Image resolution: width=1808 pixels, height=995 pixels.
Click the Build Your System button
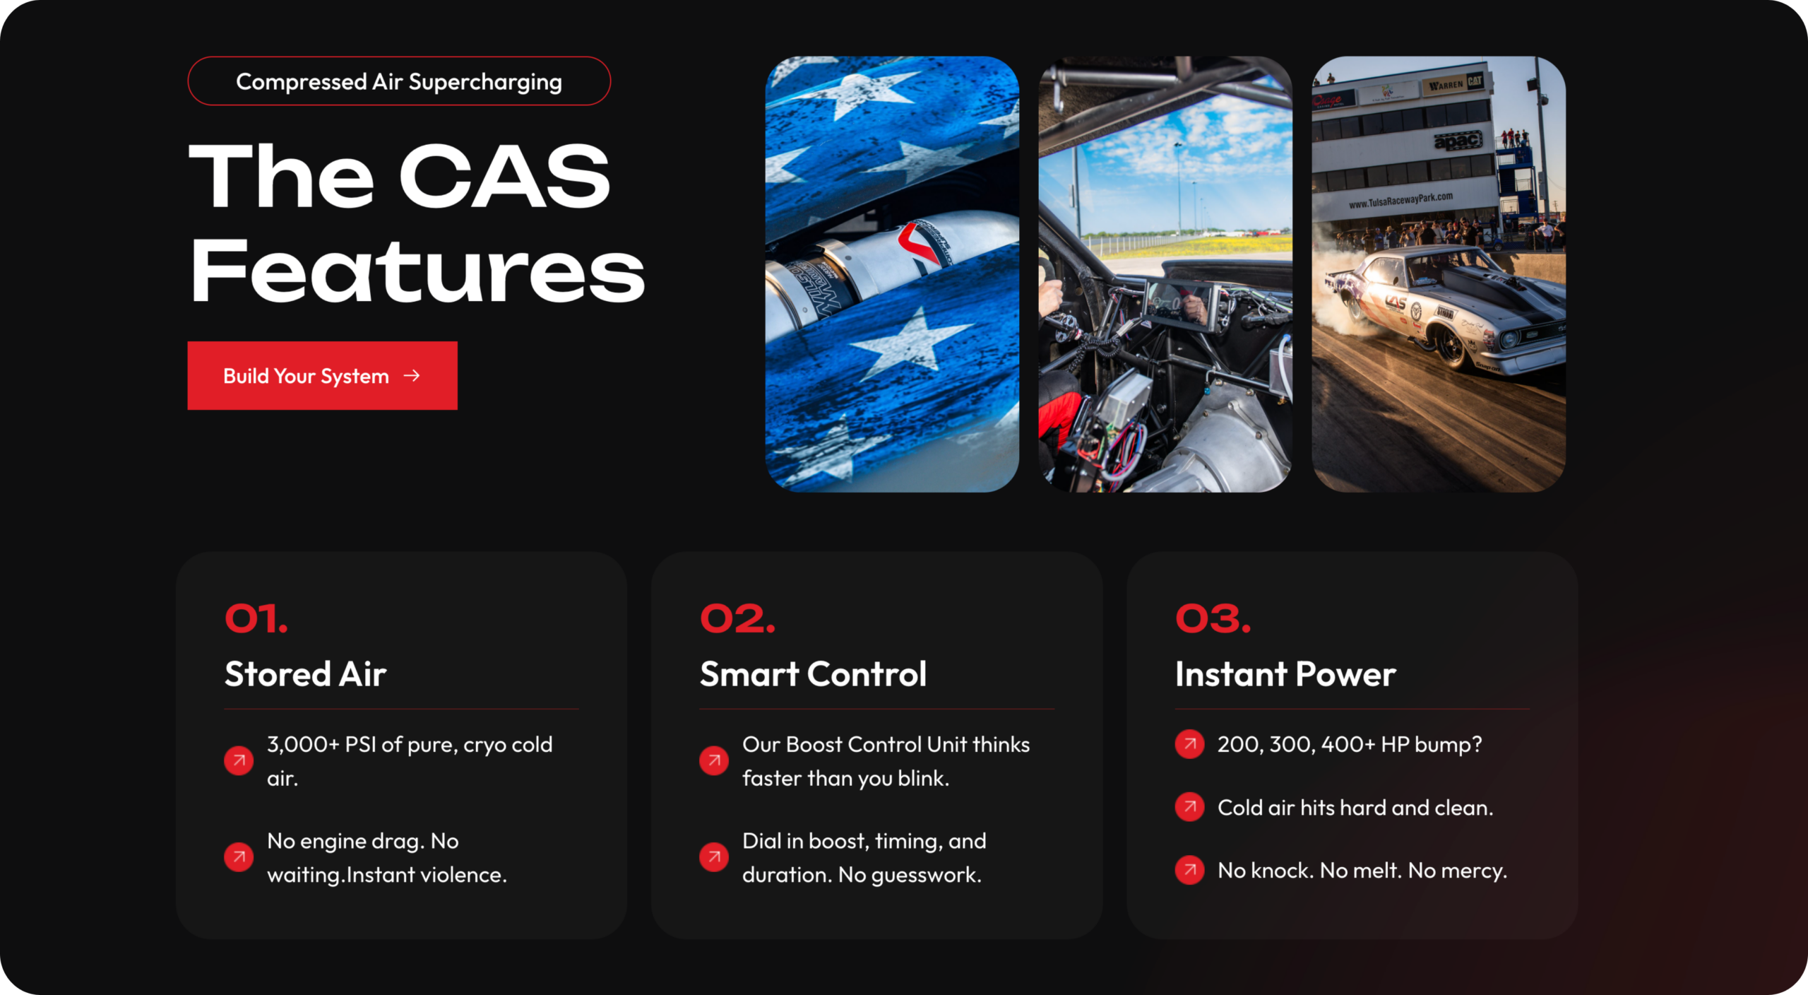322,375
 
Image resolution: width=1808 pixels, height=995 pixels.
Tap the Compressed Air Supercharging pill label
399,81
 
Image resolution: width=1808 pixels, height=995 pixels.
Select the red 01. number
256,619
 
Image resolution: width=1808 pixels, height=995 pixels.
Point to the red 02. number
738,619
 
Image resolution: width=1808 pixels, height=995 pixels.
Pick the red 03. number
1213,619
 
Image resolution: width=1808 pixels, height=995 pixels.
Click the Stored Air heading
305,673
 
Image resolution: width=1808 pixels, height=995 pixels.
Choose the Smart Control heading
813,673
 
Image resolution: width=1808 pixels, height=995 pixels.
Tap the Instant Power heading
1285,673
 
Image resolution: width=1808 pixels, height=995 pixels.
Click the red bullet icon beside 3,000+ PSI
239,760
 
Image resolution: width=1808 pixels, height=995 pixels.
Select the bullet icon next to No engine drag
239,857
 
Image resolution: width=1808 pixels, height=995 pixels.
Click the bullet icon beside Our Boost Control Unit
714,760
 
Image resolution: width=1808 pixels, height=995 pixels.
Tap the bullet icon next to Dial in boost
714,857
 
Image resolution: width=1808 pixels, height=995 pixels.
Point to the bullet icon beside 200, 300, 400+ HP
1190,743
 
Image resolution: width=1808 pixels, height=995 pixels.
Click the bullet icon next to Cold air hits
1190,806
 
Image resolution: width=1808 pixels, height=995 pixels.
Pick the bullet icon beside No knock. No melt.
1190,869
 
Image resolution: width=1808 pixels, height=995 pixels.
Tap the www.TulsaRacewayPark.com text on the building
1400,201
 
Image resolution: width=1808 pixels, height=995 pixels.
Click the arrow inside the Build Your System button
412,375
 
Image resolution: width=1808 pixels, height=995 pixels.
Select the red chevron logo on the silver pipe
918,244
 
